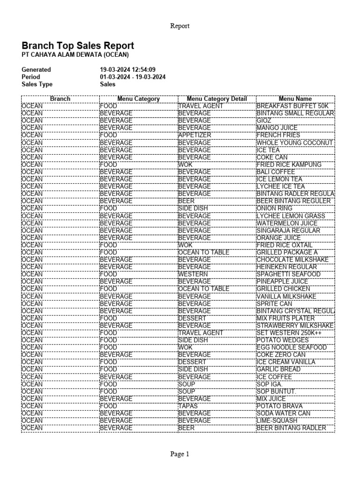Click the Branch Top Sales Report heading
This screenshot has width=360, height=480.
(78, 45)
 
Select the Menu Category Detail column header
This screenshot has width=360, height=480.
(217, 99)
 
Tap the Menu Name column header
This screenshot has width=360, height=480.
(295, 99)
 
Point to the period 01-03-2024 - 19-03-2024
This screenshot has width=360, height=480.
(133, 77)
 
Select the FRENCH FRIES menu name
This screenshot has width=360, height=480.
(278, 135)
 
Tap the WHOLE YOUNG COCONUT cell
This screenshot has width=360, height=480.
(294, 142)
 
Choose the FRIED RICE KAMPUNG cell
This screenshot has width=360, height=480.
(289, 165)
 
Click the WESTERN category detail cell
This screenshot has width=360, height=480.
(192, 274)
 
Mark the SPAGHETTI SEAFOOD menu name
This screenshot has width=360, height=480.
(288, 274)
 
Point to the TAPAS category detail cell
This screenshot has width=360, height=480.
(188, 406)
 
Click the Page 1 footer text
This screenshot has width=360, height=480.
(180, 454)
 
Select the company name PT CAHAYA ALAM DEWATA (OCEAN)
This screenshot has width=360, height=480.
(75, 55)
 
